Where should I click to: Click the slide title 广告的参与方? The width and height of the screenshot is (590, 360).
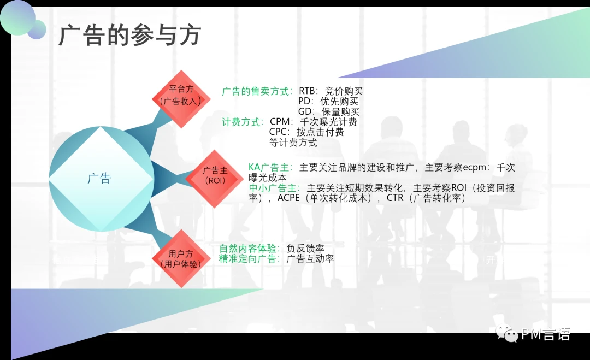click(130, 36)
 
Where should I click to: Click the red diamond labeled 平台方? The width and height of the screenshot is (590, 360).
click(181, 99)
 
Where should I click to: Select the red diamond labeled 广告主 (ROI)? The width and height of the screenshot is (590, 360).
click(215, 179)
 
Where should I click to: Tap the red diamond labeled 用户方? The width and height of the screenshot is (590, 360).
click(181, 258)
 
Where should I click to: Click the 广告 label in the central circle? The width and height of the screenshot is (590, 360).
click(99, 178)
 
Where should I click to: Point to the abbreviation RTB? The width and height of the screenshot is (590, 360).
click(306, 91)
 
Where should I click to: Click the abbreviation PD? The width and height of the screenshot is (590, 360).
click(304, 101)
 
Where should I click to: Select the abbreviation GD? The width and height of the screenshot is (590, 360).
click(305, 112)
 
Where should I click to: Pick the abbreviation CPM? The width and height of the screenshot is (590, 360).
click(280, 122)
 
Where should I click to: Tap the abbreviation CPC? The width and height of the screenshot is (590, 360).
click(278, 132)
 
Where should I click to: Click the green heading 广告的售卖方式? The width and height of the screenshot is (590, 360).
click(256, 91)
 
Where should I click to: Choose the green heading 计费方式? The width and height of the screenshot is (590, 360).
click(241, 122)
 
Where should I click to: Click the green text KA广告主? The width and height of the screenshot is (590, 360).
click(269, 167)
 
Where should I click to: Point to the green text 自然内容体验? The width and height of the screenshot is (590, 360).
click(248, 248)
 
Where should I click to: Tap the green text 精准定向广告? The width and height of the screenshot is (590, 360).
click(248, 258)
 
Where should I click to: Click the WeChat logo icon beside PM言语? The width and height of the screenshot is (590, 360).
click(506, 333)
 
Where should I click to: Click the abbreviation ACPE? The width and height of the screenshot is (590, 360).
click(288, 198)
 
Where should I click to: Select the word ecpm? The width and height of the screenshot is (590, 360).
click(475, 167)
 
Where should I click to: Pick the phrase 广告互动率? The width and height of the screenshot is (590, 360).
click(310, 258)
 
